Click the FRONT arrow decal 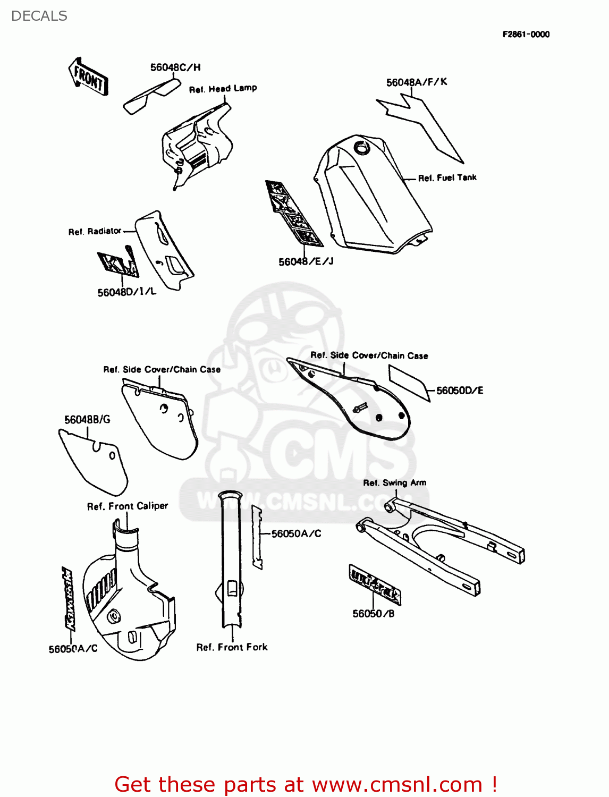(x=89, y=78)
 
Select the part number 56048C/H (x=175, y=67)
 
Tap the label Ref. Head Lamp (x=223, y=89)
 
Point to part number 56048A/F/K (x=416, y=82)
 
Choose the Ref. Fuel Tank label (x=447, y=178)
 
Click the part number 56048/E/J (x=306, y=261)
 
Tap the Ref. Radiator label (x=95, y=232)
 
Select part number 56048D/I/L (x=126, y=292)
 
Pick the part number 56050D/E (x=460, y=391)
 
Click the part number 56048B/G (x=87, y=420)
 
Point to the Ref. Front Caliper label (x=128, y=506)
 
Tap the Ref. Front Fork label (x=232, y=647)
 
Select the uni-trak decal (x=375, y=584)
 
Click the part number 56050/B (x=373, y=614)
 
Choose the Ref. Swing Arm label (x=394, y=483)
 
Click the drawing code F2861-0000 (x=526, y=35)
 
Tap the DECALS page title (x=39, y=16)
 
